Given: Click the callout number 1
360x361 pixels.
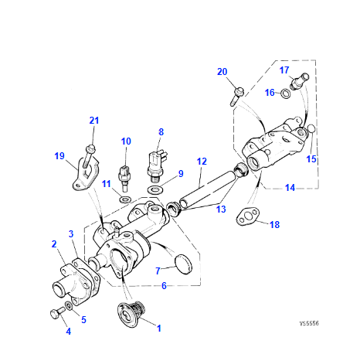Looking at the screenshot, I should point(159,328).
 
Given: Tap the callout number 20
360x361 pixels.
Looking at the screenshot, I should point(222,72).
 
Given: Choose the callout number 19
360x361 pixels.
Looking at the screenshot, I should point(59,156).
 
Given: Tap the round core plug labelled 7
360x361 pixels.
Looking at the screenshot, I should point(182,262).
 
